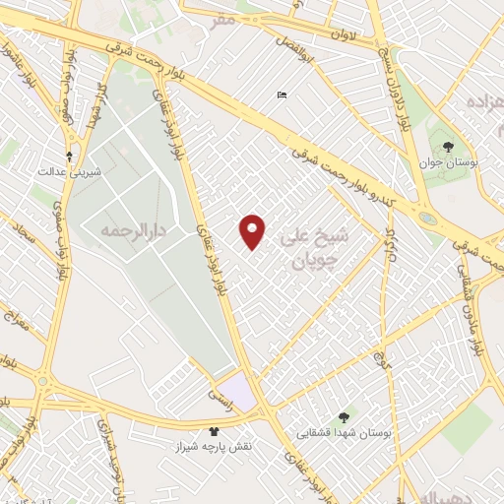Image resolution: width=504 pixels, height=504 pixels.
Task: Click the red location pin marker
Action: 253,230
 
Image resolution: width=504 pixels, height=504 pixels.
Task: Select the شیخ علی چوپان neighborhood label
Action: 314,249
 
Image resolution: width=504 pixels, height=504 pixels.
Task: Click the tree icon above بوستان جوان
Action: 448,147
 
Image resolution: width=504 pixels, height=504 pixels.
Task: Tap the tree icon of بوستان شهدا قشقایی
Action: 344,417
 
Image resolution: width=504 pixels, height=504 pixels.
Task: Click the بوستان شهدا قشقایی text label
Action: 346,433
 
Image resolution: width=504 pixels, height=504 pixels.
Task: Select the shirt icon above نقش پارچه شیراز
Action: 214,431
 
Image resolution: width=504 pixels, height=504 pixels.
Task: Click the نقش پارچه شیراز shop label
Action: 215,446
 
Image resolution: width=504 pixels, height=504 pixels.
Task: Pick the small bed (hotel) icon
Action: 283,95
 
